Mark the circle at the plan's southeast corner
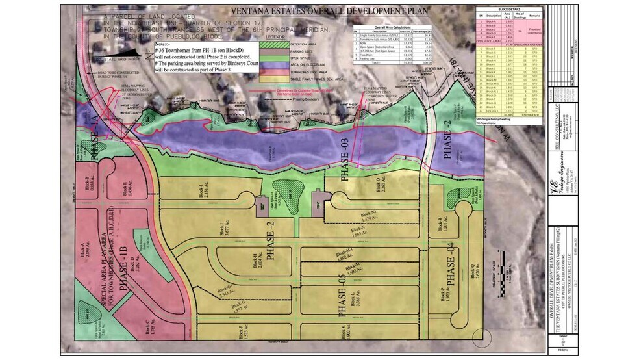(x=483, y=337)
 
